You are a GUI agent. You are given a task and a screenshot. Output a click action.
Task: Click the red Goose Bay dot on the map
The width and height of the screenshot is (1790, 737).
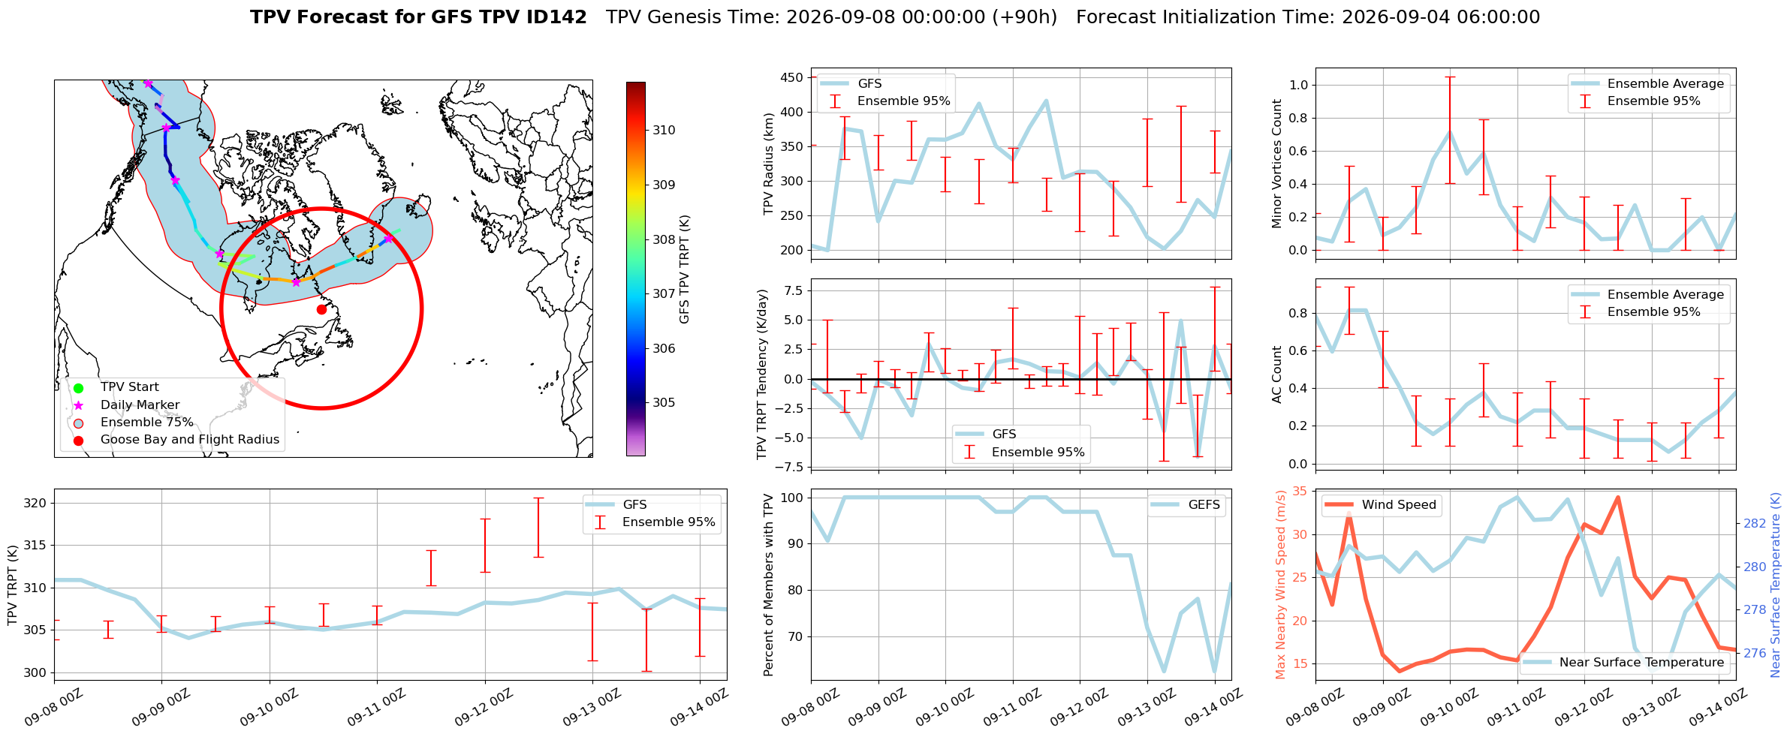click(321, 309)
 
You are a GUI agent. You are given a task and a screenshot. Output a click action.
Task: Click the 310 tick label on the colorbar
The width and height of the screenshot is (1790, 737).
click(664, 130)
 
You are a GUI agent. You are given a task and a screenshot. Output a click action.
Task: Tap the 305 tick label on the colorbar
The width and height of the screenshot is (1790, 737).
click(664, 402)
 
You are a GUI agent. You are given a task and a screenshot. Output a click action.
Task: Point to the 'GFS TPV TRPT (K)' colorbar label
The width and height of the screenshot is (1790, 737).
click(684, 269)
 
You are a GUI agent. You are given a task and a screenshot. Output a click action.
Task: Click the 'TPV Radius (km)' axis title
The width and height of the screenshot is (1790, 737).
click(768, 164)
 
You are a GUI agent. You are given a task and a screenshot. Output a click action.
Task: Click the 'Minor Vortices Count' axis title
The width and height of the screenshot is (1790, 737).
click(1276, 164)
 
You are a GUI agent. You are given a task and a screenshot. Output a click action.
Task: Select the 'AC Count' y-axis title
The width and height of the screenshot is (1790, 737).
click(1276, 375)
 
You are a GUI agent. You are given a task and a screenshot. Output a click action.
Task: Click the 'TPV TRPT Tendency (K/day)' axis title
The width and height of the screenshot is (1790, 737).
click(762, 375)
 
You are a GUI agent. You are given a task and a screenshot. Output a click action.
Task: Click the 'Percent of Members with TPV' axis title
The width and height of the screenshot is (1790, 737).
click(768, 585)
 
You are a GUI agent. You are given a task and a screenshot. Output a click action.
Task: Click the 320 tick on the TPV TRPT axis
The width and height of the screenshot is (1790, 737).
click(36, 503)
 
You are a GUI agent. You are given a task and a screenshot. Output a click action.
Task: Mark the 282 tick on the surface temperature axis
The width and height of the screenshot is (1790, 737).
click(1755, 523)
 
